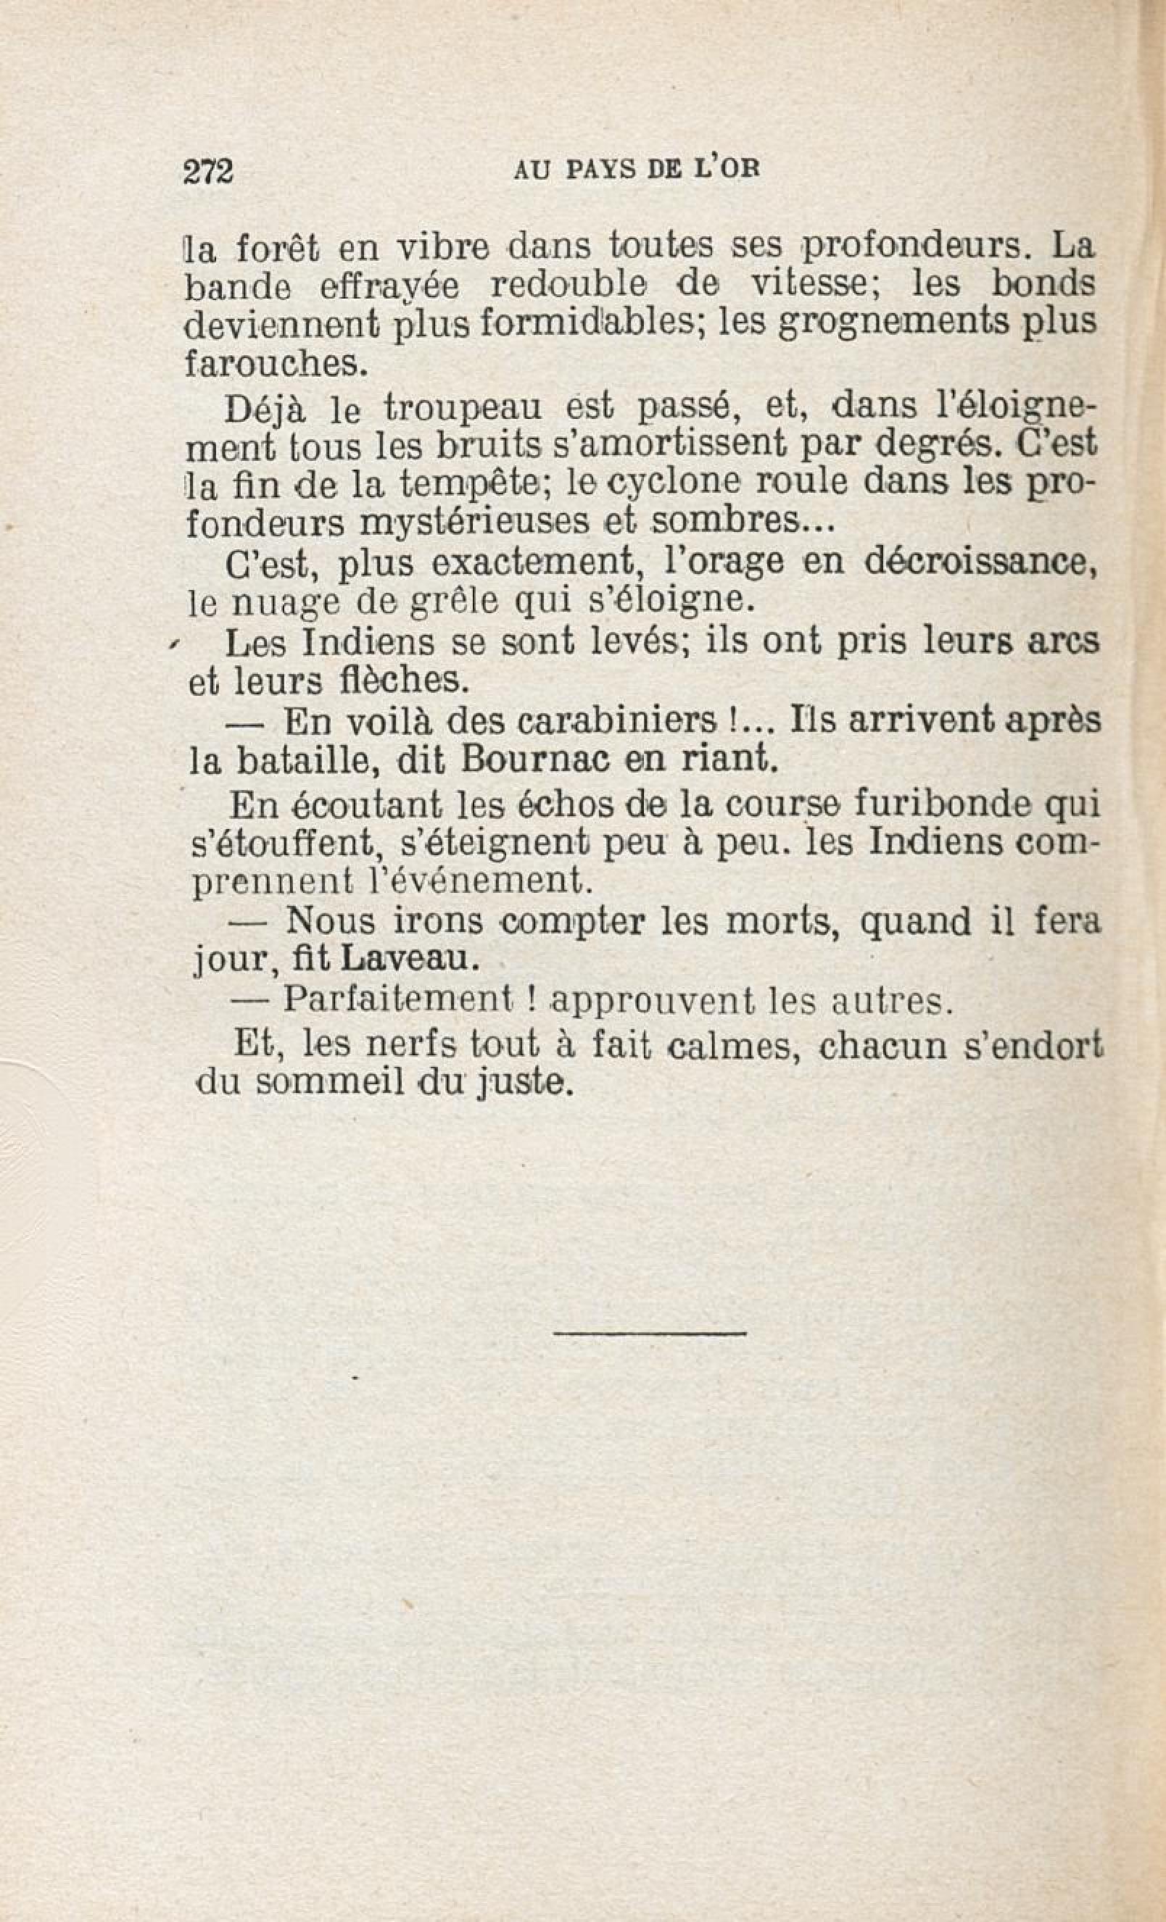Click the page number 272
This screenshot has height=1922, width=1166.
tap(208, 170)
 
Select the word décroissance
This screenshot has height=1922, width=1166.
tap(975, 563)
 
